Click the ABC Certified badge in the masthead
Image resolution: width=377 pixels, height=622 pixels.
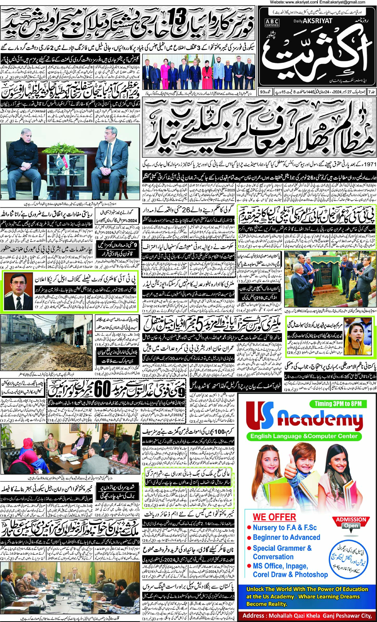click(x=272, y=23)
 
